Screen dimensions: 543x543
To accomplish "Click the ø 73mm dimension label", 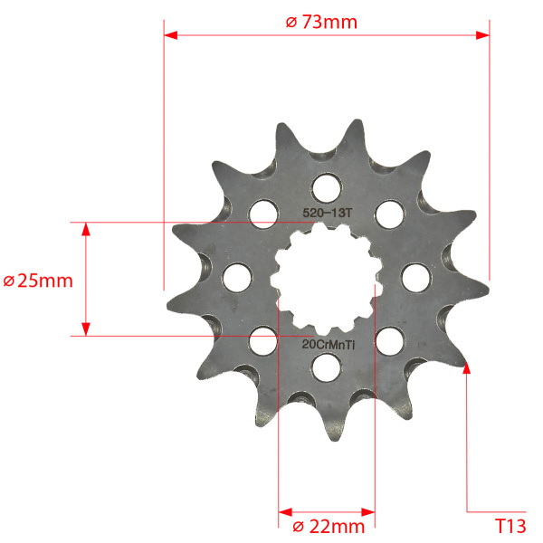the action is click(x=321, y=22).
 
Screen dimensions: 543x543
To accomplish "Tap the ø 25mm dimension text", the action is click(x=38, y=281).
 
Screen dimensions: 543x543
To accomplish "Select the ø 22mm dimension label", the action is click(x=329, y=527).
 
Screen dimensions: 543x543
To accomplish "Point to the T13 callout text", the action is click(x=510, y=526).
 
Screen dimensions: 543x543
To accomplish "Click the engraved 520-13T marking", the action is click(x=328, y=213).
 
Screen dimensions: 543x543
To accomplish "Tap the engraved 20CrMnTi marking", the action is click(x=329, y=345).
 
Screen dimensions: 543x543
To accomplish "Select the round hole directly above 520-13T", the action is click(x=326, y=189).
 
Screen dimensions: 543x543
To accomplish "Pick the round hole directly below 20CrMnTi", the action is click(x=326, y=367).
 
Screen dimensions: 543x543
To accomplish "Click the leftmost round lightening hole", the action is click(x=237, y=278).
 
